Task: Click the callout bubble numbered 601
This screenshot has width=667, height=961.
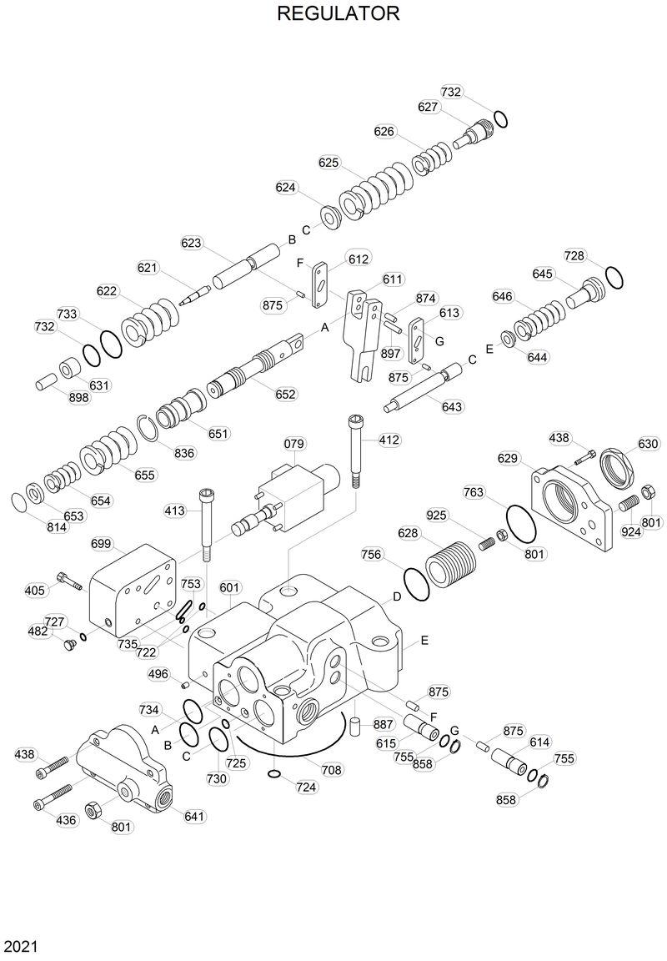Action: coord(230,587)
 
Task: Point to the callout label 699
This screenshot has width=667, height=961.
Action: coord(101,544)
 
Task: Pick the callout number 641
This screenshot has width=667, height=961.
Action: coord(194,816)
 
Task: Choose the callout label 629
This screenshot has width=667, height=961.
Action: coord(509,458)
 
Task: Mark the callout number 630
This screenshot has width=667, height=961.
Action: coord(648,443)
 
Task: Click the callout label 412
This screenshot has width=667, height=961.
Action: coord(389,440)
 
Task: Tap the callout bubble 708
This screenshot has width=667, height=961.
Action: coord(332,770)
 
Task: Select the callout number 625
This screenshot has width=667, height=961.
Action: coord(329,162)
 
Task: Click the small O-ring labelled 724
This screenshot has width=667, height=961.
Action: coord(274,776)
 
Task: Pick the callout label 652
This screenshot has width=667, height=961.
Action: coord(285,394)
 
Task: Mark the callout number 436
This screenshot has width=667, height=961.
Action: coord(66,820)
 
